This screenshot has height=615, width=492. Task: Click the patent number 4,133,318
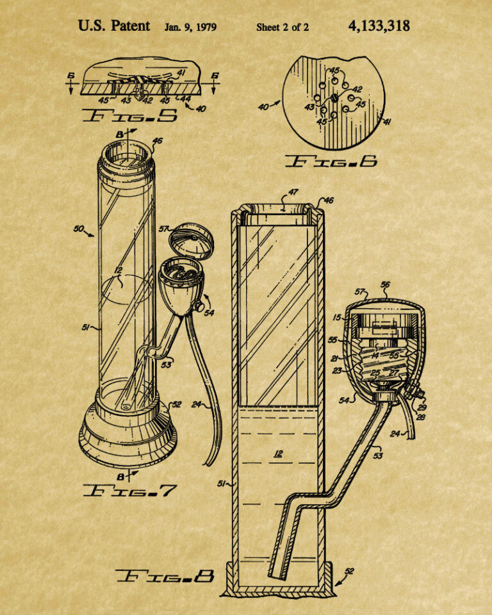tap(379, 27)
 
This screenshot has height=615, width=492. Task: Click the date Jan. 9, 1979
tap(190, 27)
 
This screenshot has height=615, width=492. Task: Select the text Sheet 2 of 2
tap(283, 27)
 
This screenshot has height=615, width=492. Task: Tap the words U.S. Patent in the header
tap(114, 26)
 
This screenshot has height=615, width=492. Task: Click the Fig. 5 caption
tap(130, 115)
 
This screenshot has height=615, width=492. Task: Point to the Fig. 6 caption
tap(331, 161)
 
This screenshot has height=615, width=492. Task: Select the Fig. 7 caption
tap(130, 490)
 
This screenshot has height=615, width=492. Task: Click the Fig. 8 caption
tap(165, 576)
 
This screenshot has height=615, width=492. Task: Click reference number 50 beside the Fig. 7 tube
tap(79, 228)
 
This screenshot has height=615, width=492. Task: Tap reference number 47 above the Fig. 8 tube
tap(293, 192)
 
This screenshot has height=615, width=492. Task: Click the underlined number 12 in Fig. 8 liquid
tap(278, 454)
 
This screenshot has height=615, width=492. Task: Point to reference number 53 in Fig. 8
tap(378, 455)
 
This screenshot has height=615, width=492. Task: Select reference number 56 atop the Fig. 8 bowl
tap(385, 284)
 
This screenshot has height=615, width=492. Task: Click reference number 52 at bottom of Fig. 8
tap(348, 571)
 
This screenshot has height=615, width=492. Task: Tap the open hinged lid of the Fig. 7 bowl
tap(192, 240)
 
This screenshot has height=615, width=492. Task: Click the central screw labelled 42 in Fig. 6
tap(334, 97)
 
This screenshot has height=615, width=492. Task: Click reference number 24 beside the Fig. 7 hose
tap(197, 404)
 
